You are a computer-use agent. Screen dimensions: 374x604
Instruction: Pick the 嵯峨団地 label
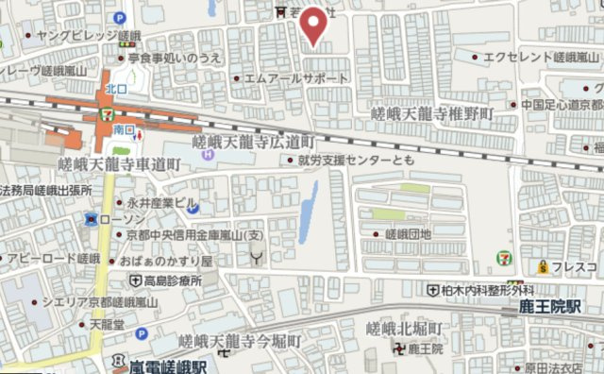pos(408,233)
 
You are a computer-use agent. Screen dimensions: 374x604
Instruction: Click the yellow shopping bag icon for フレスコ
pos(544,267)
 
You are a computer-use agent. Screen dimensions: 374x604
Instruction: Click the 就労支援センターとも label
pos(355,161)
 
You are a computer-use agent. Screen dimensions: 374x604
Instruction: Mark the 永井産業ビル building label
pos(162,202)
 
